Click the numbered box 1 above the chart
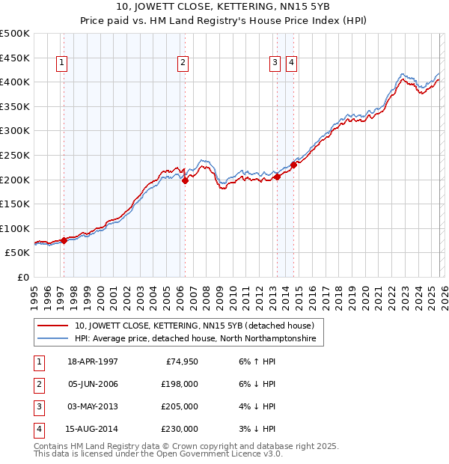pyautogui.click(x=61, y=63)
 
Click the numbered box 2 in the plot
pyautogui.click(x=183, y=63)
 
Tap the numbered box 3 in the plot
pyautogui.click(x=275, y=63)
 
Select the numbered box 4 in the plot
pyautogui.click(x=291, y=63)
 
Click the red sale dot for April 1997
pyautogui.click(x=64, y=240)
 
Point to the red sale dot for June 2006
pyautogui.click(x=185, y=180)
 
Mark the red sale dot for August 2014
pyautogui.click(x=293, y=165)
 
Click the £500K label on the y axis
pyautogui.click(x=15, y=34)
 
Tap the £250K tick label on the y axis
pyautogui.click(x=15, y=156)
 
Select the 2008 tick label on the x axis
pyautogui.click(x=206, y=296)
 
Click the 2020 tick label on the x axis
pyautogui.click(x=364, y=296)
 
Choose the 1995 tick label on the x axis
pyautogui.click(x=34, y=296)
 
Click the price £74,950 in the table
pyautogui.click(x=180, y=361)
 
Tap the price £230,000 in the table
pyautogui.click(x=180, y=430)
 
